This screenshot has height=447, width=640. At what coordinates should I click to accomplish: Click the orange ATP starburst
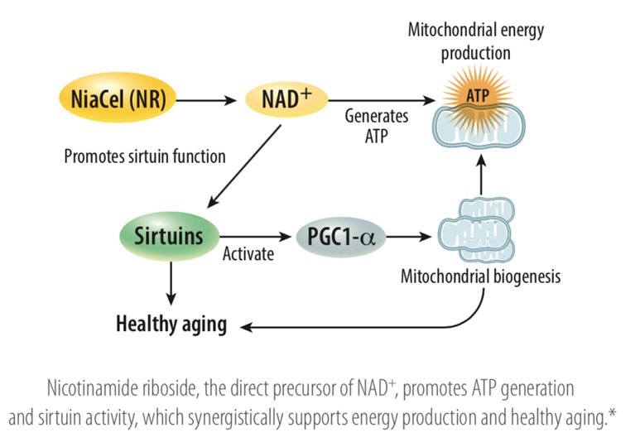pos(476,94)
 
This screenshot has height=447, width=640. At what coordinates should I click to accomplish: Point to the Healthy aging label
pos(171,324)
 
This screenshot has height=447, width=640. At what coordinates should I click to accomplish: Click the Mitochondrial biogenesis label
pos(480,276)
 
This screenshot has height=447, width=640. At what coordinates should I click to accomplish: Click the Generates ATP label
pos(368,126)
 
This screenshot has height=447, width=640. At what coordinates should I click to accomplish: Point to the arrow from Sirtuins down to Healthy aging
pos(171,281)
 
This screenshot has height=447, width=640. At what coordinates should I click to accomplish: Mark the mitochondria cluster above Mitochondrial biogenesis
pos(476,231)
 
